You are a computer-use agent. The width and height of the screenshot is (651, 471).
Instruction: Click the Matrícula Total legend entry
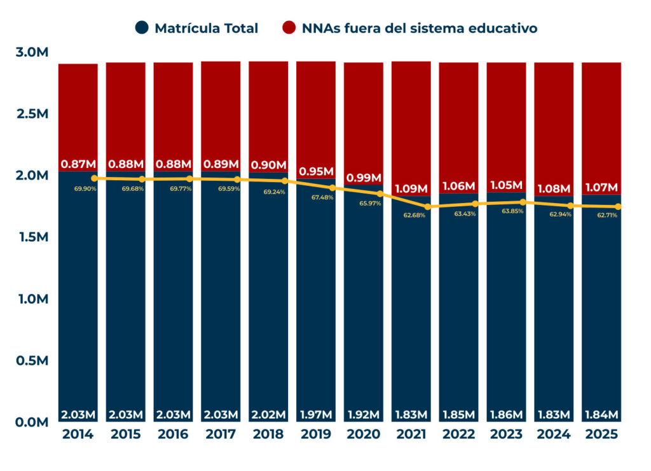point(206,28)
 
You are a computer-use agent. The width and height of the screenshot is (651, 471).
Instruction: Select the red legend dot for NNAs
point(289,28)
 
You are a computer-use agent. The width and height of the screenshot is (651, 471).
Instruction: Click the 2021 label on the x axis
point(411,435)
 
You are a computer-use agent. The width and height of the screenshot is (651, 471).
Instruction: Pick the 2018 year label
point(268,435)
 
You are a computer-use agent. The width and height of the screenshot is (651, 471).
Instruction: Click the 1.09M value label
point(411,189)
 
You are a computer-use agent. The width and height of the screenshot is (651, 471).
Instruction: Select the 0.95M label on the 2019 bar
point(316,172)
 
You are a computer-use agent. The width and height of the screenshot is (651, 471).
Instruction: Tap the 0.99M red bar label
point(364,178)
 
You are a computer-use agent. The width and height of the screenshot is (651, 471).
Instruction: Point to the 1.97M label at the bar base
point(316,415)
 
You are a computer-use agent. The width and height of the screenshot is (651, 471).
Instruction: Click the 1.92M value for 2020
point(364,415)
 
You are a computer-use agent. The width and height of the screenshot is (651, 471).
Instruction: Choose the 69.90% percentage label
point(85,189)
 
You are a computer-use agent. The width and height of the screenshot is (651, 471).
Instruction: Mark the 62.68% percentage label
point(414,215)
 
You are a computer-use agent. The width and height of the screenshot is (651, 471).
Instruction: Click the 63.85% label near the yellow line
point(512,211)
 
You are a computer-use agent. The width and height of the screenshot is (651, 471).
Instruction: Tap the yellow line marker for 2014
point(94,179)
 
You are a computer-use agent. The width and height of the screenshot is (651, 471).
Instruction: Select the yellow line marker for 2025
point(617,207)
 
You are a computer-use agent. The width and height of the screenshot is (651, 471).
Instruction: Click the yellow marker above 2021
point(427,207)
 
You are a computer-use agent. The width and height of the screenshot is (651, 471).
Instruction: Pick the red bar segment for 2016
point(173,108)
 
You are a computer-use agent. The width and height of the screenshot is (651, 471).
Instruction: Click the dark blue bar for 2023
point(506,306)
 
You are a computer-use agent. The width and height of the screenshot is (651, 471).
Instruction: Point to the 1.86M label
point(506,415)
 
